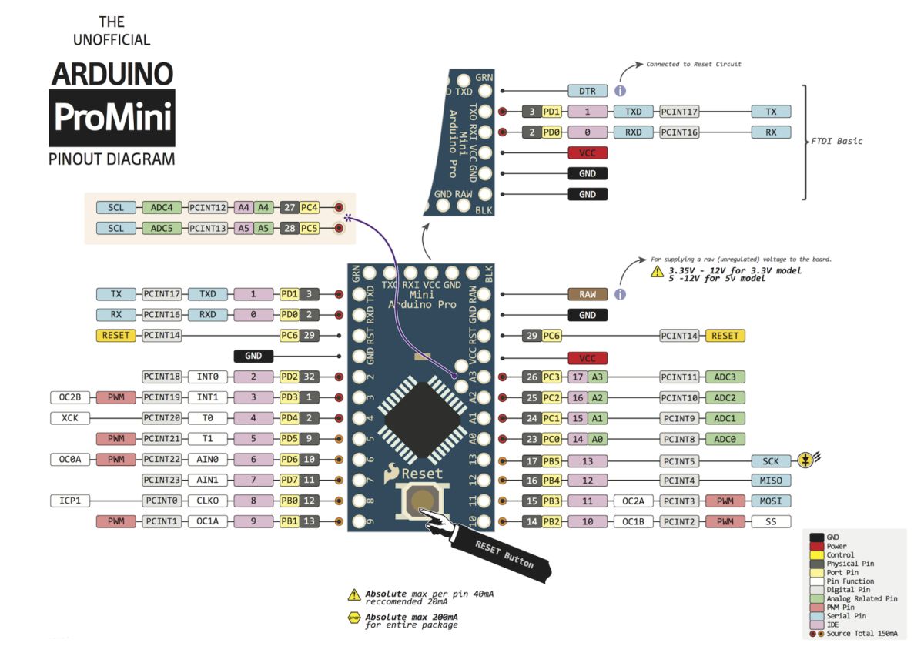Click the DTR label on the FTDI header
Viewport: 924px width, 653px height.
click(587, 91)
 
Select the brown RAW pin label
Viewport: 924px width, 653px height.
click(587, 294)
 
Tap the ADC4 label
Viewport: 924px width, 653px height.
click(161, 207)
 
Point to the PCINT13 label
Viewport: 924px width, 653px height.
click(207, 228)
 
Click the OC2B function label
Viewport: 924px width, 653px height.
click(70, 397)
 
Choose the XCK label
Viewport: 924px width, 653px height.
click(70, 418)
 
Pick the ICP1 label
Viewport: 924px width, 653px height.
click(70, 501)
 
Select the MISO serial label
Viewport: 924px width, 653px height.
click(771, 481)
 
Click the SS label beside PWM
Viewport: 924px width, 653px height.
click(771, 521)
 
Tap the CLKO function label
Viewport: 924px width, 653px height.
click(207, 501)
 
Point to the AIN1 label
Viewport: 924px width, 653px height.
click(207, 480)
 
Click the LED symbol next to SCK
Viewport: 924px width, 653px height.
click(806, 460)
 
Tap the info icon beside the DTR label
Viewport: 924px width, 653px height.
click(620, 91)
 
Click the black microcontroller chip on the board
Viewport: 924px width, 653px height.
click(422, 420)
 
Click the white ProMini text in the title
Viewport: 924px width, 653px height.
click(112, 117)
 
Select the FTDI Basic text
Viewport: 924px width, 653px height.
click(836, 141)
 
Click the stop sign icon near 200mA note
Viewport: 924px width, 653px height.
click(354, 618)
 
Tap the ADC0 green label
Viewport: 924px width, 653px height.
click(725, 439)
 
